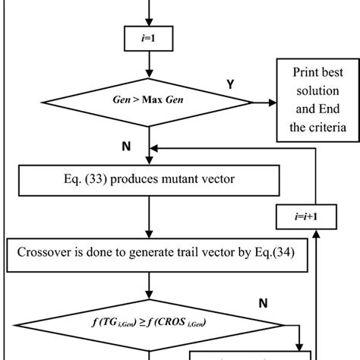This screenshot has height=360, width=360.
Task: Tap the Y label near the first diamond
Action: coord(229,86)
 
